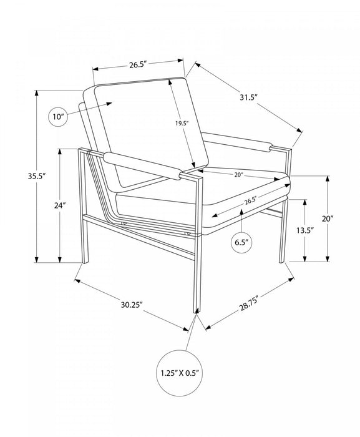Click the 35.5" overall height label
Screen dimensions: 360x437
pyautogui.click(x=37, y=176)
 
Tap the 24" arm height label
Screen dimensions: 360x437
pyautogui.click(x=60, y=205)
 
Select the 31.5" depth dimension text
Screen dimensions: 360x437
pyautogui.click(x=248, y=97)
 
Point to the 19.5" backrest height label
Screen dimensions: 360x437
pyautogui.click(x=182, y=123)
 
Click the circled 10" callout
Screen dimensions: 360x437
pyautogui.click(x=58, y=117)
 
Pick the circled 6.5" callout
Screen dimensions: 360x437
pyautogui.click(x=241, y=242)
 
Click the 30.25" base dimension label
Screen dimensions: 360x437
pyautogui.click(x=132, y=305)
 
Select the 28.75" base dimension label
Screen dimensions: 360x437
pyautogui.click(x=249, y=303)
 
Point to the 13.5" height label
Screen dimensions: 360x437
pyautogui.click(x=305, y=230)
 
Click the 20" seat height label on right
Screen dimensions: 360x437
pyautogui.click(x=328, y=219)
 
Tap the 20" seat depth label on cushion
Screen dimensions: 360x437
pyautogui.click(x=239, y=175)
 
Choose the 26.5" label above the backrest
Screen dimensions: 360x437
pyautogui.click(x=138, y=65)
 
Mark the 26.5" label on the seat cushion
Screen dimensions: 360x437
pyautogui.click(x=250, y=200)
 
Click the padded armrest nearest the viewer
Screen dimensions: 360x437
pyautogui.click(x=142, y=165)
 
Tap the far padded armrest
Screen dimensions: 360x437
pyautogui.click(x=237, y=142)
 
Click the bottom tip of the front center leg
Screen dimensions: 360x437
pyautogui.click(x=196, y=313)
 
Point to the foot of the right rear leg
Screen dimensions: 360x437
pyautogui.click(x=282, y=262)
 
